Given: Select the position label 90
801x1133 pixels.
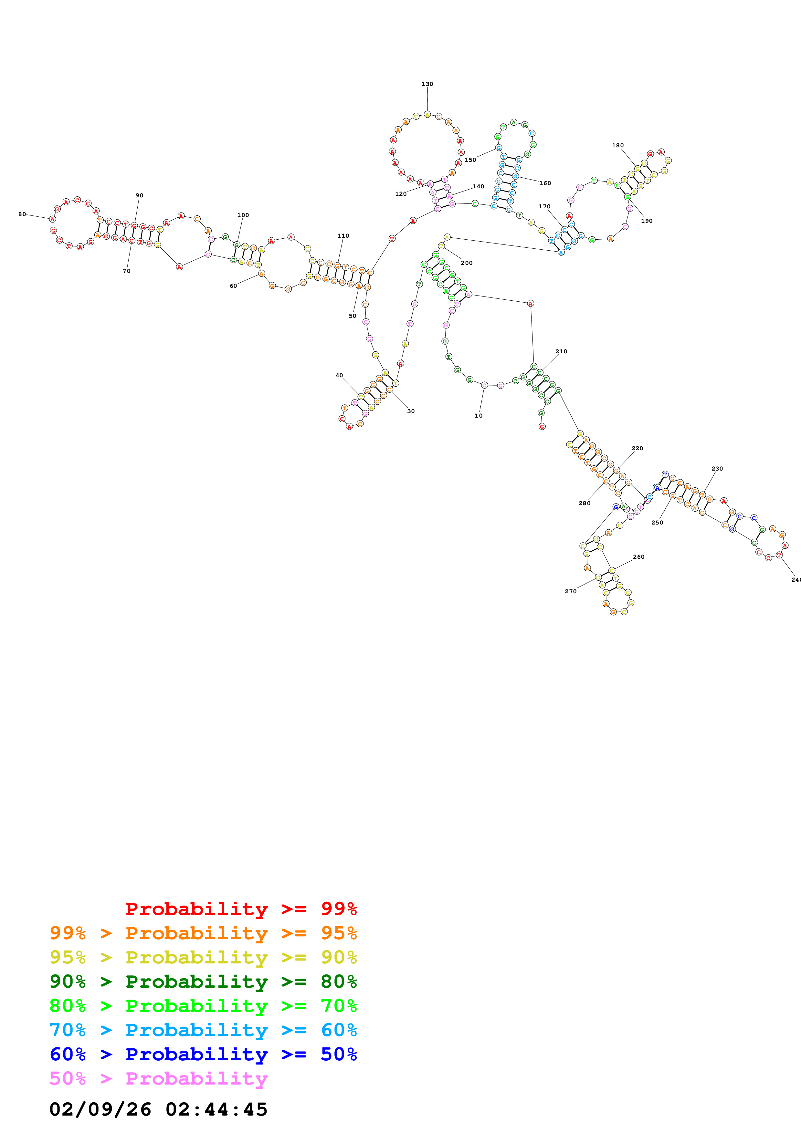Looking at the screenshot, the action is pos(140,195).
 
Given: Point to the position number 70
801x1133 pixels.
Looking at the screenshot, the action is pos(126,271).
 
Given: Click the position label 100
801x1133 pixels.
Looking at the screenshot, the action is pos(243,215).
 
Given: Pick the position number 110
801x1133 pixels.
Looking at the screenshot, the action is pos(343,236).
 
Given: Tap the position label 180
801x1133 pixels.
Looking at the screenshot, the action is pos(617,146).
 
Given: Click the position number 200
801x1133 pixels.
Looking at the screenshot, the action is pos(466,263).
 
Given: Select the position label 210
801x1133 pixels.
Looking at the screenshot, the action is pos(561,351).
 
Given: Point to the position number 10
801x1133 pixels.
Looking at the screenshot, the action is pos(478,415).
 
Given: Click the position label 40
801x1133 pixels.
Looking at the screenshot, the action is pos(339,376).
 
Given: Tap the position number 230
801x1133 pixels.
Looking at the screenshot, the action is pos(717,469).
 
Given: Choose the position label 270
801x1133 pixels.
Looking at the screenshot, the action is pos(571,591).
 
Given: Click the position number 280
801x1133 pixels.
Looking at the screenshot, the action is pos(584,503).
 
